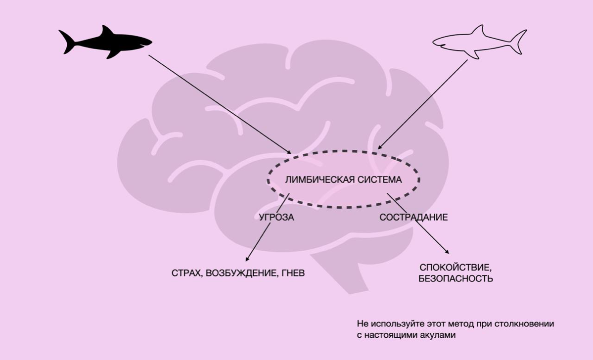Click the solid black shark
click(106, 42)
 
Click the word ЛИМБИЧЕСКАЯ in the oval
click(317, 180)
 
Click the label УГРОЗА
click(276, 217)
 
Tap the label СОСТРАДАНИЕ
click(413, 217)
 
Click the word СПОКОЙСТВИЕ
click(455, 268)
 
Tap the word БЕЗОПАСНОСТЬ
click(456, 278)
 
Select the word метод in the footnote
click(458, 324)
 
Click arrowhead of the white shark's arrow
click(379, 147)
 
